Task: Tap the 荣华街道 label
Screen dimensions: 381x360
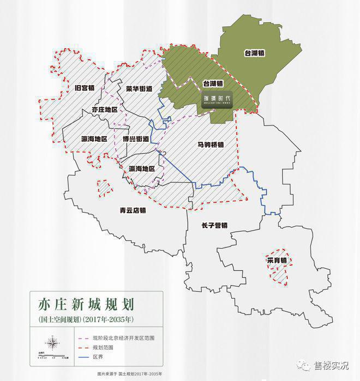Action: point(139,88)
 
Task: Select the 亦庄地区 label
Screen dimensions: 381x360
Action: point(105,110)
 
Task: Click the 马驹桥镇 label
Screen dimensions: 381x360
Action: point(211,145)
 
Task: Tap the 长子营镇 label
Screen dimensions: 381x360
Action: point(214,225)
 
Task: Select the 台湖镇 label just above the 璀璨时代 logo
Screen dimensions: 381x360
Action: point(213,84)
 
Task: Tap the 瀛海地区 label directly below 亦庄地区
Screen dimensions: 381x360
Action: point(93,138)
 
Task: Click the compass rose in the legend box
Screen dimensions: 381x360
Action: point(53,344)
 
